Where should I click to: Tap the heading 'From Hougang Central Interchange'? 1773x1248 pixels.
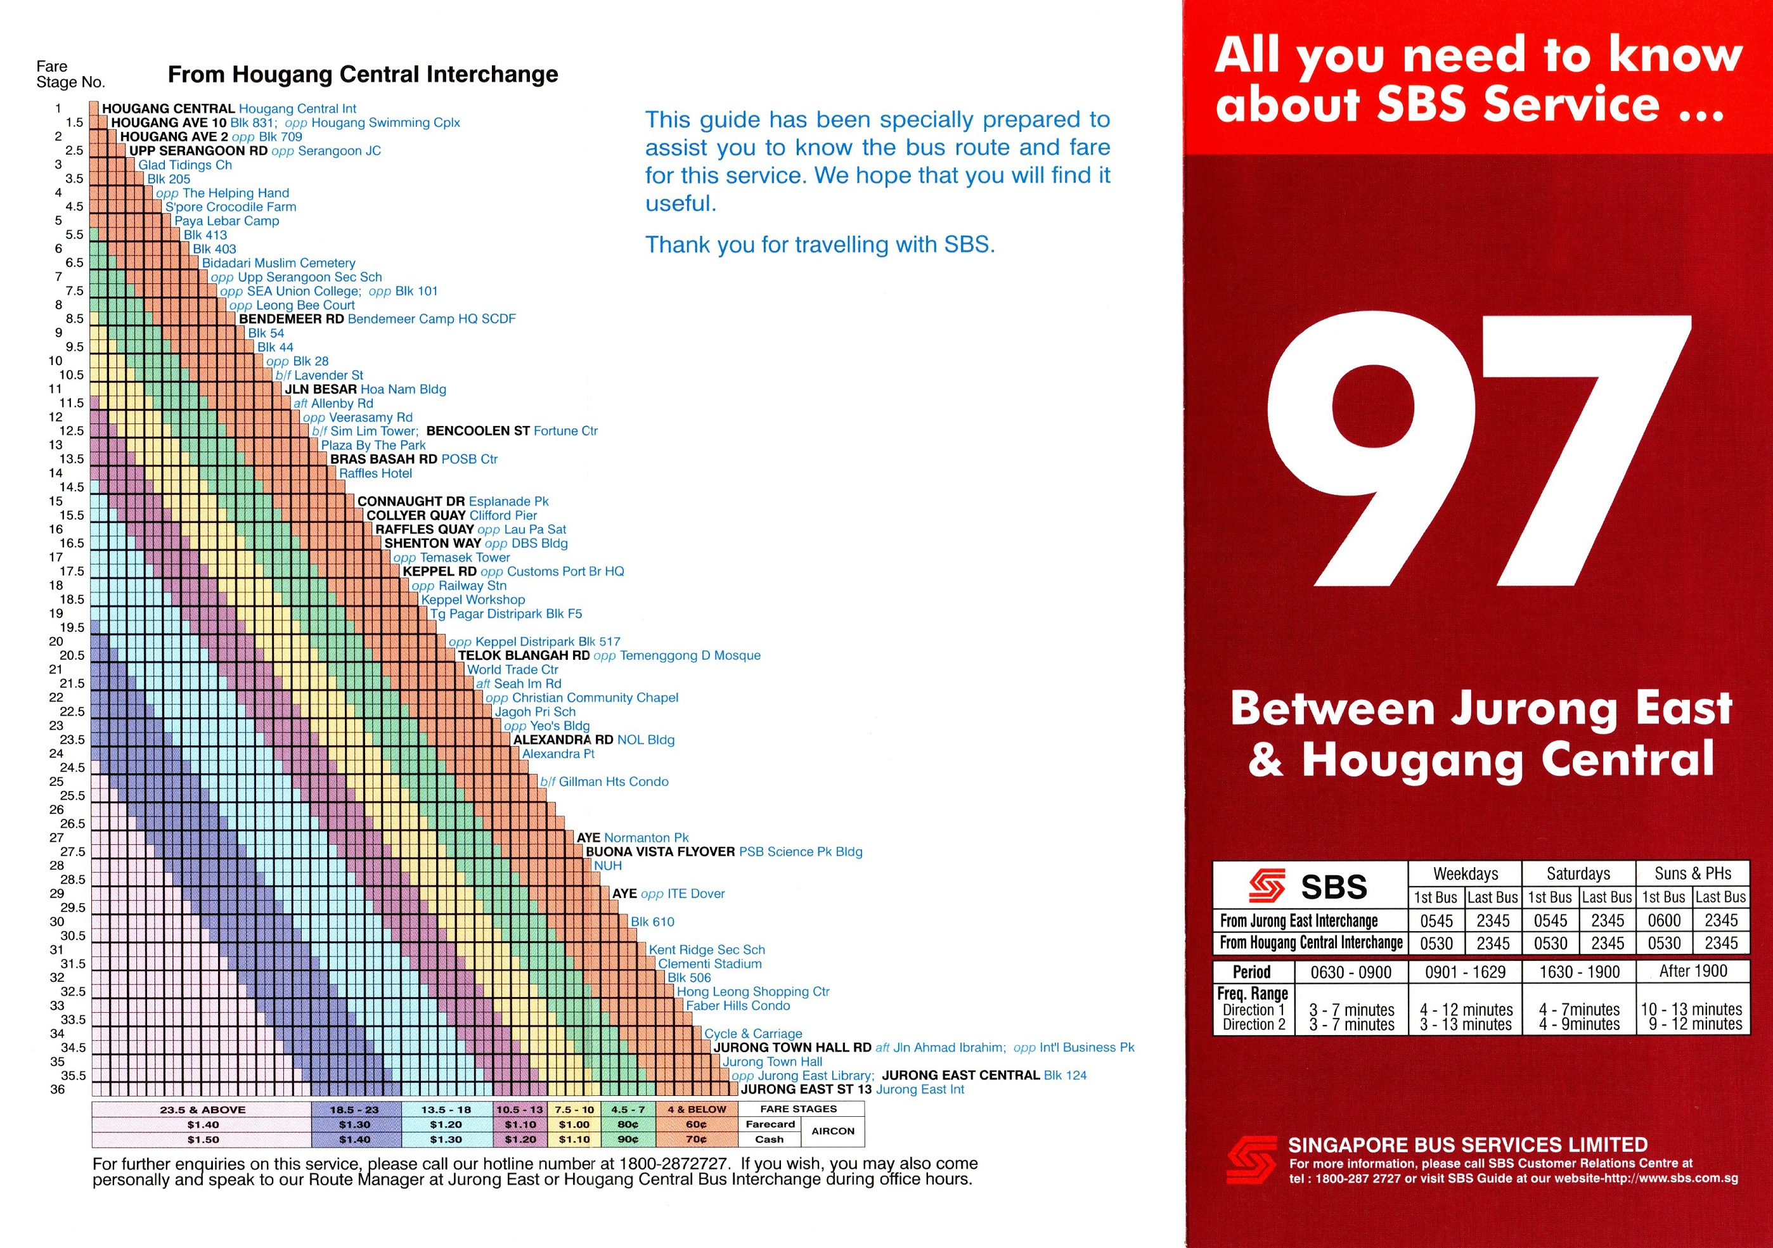363,74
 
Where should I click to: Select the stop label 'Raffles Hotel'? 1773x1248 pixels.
375,473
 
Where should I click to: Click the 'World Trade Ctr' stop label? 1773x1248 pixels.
512,669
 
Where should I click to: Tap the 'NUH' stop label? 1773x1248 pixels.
608,866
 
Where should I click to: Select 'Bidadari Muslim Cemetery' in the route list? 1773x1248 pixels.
279,263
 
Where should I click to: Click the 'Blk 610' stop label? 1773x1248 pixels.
652,922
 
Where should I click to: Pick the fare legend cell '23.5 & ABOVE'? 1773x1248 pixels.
202,1110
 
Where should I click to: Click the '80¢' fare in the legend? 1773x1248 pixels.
628,1124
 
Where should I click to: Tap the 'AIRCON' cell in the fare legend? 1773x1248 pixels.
832,1131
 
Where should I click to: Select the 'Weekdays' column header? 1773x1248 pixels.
1465,873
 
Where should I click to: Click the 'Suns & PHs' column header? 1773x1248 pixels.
1692,873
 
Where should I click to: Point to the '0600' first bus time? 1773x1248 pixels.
1664,920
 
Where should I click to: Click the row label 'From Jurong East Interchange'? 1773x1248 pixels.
1299,920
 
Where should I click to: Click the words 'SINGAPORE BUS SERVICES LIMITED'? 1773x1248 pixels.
1467,1145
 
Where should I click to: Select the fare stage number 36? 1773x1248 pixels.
57,1090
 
